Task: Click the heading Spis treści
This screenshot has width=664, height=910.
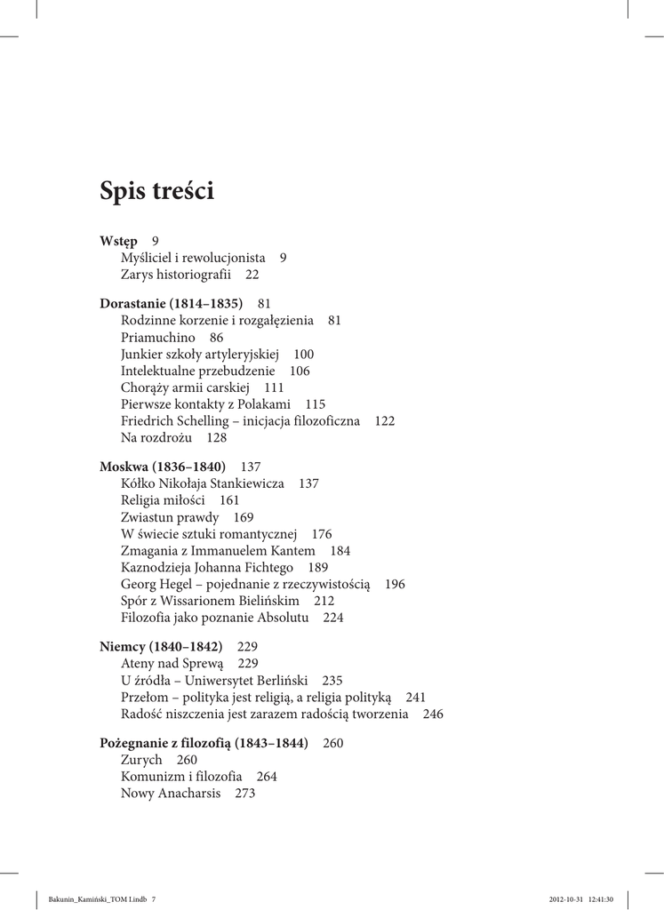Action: click(157, 191)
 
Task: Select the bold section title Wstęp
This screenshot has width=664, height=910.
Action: click(118, 241)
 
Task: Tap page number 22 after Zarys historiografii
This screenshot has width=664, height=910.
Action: click(252, 275)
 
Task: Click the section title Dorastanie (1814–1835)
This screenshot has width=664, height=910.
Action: click(172, 304)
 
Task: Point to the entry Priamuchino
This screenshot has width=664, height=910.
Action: click(157, 338)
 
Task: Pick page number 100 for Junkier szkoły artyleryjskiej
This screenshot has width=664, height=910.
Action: click(303, 355)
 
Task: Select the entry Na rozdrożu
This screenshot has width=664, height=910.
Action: click(156, 438)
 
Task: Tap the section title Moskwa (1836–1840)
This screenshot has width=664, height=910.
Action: click(163, 467)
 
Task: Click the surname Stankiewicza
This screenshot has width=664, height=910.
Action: click(246, 483)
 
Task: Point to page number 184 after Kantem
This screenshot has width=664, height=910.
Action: click(340, 551)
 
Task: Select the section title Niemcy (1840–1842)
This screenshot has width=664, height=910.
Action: click(161, 647)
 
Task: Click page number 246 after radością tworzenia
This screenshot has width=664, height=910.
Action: click(433, 714)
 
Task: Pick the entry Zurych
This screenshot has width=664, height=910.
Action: click(141, 760)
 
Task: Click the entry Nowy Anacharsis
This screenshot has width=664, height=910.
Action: click(170, 794)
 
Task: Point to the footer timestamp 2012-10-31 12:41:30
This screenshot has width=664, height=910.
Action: click(581, 898)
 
